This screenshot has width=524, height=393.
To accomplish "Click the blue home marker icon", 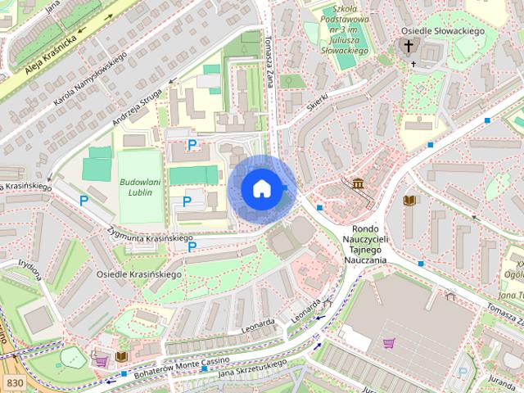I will pos(260,188).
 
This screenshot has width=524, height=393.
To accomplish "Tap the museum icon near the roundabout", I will pos(358,183).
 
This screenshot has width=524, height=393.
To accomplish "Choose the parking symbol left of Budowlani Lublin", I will pos(84,200).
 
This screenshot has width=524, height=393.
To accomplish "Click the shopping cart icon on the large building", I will pos(389,342).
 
